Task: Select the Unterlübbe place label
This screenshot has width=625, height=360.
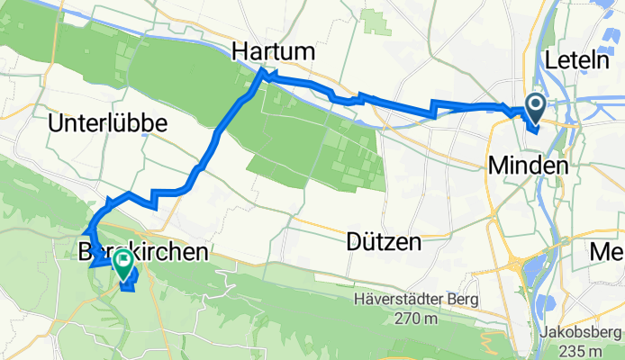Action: pyautogui.click(x=109, y=125)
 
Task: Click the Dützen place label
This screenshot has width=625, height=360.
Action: pyautogui.click(x=384, y=242)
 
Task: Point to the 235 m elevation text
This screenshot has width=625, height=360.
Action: pyautogui.click(x=583, y=350)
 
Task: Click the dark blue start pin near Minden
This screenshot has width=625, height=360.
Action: pyautogui.click(x=534, y=108)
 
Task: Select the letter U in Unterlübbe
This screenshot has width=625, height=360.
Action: pyautogui.click(x=58, y=125)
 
